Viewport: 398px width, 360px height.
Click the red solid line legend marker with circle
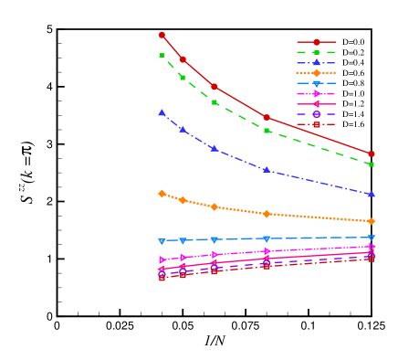(x=317, y=42)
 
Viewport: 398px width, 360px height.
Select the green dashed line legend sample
(x=317, y=52)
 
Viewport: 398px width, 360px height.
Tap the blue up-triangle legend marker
(x=317, y=62)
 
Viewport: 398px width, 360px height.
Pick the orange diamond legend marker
(x=317, y=72)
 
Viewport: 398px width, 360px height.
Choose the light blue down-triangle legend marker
(x=317, y=83)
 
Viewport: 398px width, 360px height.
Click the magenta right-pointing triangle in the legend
(x=317, y=93)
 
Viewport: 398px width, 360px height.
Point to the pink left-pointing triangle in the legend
(x=317, y=104)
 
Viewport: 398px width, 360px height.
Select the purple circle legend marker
(x=317, y=114)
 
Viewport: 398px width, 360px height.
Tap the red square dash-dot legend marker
(x=317, y=124)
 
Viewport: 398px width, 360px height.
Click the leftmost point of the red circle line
(x=162, y=35)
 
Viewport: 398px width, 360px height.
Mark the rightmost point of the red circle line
(x=372, y=154)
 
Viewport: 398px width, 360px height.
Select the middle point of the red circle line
(x=215, y=87)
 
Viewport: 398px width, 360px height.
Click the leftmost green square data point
(x=162, y=56)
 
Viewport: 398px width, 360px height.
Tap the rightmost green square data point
(x=372, y=164)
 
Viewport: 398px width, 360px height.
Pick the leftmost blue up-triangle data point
(x=162, y=112)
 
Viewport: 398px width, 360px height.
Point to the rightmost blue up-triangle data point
(x=372, y=194)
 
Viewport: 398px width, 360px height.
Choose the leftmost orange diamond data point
(x=162, y=194)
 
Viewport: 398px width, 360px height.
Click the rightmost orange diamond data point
(x=372, y=221)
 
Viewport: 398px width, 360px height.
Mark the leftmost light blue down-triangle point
(x=162, y=241)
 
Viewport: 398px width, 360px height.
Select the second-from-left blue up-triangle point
(x=183, y=130)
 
